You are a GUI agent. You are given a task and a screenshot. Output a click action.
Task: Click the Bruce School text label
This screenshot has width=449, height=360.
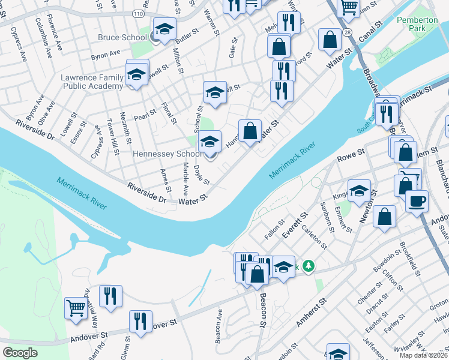pos(122,37)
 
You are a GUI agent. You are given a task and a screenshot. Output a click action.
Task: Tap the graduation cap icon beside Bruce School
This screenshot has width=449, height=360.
pos(163,29)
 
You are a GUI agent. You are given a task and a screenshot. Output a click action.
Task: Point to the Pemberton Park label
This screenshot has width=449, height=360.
pos(418,24)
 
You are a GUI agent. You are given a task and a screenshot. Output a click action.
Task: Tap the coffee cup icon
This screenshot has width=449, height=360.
pos(417,201)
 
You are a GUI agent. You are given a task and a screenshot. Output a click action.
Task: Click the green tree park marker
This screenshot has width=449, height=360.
pos(309,265)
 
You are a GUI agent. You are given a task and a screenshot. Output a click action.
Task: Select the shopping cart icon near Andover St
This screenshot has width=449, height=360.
pos(76,308)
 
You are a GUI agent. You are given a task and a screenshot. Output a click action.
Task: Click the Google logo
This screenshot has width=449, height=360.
pos(20,353)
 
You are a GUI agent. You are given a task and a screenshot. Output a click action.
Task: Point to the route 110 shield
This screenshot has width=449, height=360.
pos(139,13)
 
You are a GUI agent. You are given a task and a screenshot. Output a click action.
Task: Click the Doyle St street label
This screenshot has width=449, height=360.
pos(202,176)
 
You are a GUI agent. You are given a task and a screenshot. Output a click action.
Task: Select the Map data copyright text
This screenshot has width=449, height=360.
pos(424,355)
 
